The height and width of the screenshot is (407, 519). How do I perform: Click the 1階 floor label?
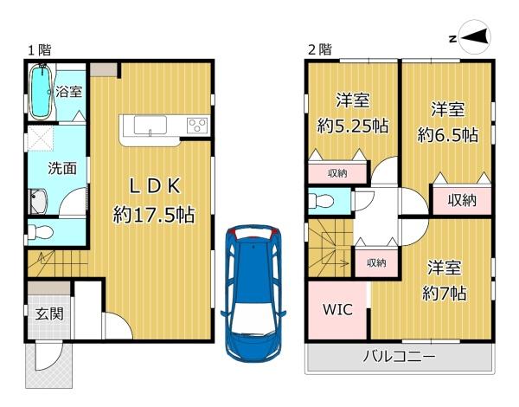38,49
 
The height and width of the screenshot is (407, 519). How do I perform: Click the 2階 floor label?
318,49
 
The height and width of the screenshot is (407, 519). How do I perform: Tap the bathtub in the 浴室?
41,93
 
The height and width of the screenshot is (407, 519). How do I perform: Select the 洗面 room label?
50,168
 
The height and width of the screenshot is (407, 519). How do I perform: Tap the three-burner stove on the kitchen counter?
196,126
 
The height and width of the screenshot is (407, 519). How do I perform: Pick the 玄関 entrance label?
48,314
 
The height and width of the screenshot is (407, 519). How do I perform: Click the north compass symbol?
471,37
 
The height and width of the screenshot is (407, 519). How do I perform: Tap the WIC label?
336,309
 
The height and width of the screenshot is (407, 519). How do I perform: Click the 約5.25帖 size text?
352,126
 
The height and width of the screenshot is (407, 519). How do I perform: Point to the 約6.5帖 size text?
448,134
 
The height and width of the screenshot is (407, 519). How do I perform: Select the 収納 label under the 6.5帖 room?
462,200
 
